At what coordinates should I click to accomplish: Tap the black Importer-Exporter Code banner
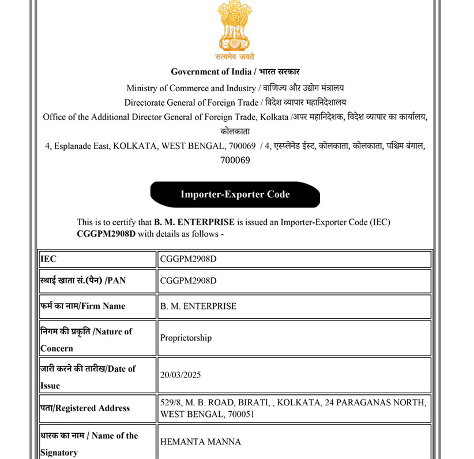(x=235, y=195)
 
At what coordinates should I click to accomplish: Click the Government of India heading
(x=235, y=72)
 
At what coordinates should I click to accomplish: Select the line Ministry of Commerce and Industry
(x=235, y=88)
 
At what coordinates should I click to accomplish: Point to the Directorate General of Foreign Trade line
(x=235, y=103)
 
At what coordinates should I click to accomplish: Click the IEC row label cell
(x=97, y=259)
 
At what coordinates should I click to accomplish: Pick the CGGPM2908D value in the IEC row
(x=188, y=259)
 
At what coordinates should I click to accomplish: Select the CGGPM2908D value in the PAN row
(x=188, y=281)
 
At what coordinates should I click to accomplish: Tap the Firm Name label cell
(x=97, y=307)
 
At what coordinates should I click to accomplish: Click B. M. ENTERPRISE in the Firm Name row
(x=198, y=307)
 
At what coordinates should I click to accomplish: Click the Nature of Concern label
(x=97, y=339)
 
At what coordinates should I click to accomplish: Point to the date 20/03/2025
(x=180, y=375)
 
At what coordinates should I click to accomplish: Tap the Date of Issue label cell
(x=97, y=376)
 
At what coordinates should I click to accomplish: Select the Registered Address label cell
(x=97, y=408)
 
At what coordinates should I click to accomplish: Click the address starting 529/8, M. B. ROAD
(x=293, y=408)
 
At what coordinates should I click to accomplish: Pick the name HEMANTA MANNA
(x=200, y=442)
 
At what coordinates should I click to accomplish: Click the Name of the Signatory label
(x=97, y=443)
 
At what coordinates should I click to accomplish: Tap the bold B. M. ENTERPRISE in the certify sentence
(x=194, y=222)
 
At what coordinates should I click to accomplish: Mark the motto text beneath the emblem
(x=235, y=57)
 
